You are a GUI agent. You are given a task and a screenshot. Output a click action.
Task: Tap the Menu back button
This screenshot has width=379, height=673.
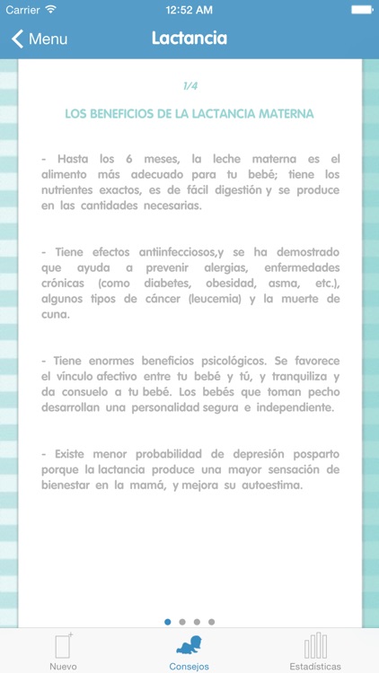tap(40, 39)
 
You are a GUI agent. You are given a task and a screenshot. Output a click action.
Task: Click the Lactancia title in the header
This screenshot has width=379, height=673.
tap(189, 39)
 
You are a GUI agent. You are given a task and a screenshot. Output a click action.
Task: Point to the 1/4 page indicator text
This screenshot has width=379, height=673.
tap(189, 86)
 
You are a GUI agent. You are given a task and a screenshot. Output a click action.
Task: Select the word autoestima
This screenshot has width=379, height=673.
tap(272, 486)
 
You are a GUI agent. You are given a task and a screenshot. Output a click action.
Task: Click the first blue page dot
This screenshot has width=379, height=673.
tap(168, 621)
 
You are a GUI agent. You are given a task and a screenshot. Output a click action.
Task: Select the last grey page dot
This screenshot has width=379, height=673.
tap(211, 621)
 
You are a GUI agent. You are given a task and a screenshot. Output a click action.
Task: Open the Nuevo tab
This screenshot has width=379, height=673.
tap(63, 651)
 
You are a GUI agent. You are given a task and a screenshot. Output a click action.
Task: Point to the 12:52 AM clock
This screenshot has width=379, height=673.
tap(189, 10)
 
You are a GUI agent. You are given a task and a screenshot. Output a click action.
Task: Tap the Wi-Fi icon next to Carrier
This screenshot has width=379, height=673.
tap(50, 10)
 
